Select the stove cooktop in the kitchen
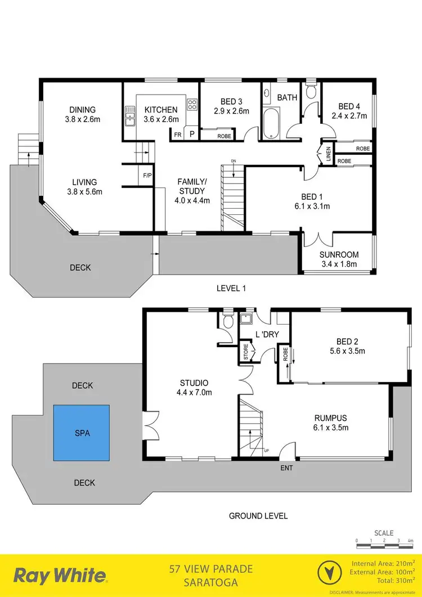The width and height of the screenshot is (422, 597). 192,105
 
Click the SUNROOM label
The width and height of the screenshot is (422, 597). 339,254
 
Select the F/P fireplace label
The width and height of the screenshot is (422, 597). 147,176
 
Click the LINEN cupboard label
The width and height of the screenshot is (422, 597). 328,154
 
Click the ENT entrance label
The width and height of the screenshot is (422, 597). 286,467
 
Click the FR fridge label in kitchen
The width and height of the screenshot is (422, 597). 177,134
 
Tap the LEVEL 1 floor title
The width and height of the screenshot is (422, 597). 232,288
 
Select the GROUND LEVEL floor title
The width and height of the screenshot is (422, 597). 258,515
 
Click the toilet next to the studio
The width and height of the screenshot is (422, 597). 228,322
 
